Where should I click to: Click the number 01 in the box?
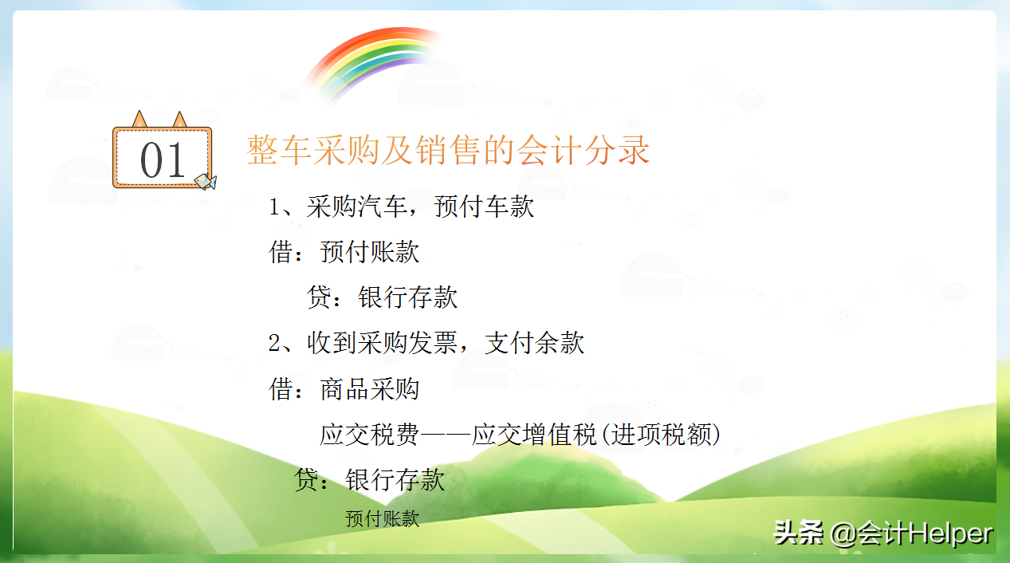pyautogui.click(x=163, y=160)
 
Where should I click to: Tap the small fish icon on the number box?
pyautogui.click(x=205, y=182)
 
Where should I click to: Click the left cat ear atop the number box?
pyautogui.click(x=140, y=120)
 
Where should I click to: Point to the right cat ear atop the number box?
pyautogui.click(x=180, y=120)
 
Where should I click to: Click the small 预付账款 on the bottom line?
pyautogui.click(x=382, y=519)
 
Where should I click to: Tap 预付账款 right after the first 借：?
pyautogui.click(x=370, y=253)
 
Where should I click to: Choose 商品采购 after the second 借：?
pyautogui.click(x=370, y=390)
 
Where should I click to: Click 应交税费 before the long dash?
pyautogui.click(x=370, y=435)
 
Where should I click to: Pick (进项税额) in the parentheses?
pyautogui.click(x=661, y=435)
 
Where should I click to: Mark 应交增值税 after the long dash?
pyautogui.click(x=535, y=435)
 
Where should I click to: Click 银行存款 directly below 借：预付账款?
pyautogui.click(x=408, y=298)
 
